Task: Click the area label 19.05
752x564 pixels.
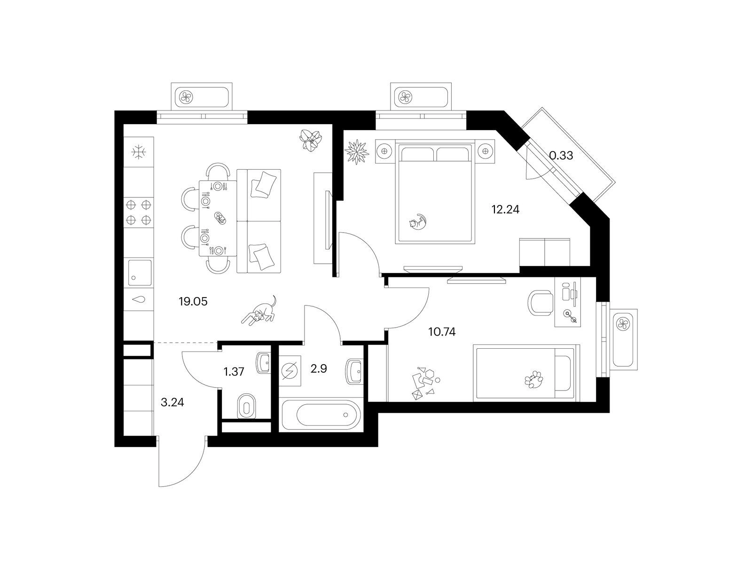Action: pos(193,302)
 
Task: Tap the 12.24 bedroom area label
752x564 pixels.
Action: pos(505,209)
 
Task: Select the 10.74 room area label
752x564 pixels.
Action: pos(442,332)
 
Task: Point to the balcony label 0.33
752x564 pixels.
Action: pos(561,156)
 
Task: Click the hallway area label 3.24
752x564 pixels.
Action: pos(172,402)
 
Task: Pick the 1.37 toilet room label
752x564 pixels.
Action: pos(234,372)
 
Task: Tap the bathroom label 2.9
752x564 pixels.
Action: pos(319,369)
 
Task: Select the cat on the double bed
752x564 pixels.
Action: pos(418,221)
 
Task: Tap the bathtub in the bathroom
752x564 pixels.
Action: pos(321,415)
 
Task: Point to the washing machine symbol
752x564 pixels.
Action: pos(290,371)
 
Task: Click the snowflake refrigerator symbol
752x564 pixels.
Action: pos(139,152)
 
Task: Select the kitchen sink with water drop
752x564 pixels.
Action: pos(140,299)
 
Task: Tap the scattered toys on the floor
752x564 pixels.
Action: pos(425,383)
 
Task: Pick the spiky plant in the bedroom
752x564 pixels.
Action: pos(357,152)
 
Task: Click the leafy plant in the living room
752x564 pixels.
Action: pos(310,140)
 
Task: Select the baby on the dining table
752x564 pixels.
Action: pos(219,218)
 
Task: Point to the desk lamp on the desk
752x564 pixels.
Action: pos(570,316)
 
